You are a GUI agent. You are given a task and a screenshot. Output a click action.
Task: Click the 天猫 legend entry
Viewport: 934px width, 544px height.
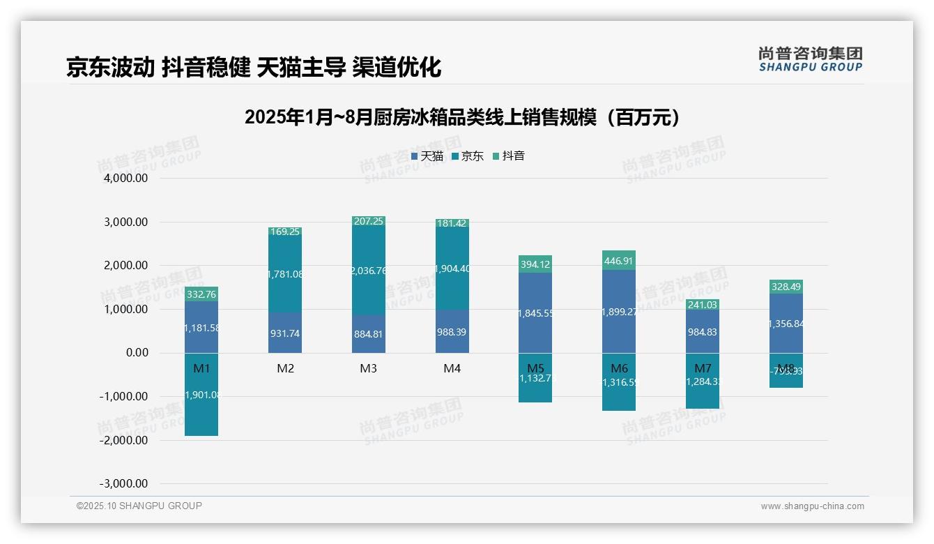coord(427,156)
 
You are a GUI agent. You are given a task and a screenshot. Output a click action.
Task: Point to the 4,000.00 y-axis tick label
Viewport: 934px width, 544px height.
coord(126,179)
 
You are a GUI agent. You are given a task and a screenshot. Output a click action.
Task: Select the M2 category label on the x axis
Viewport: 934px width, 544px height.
coord(285,368)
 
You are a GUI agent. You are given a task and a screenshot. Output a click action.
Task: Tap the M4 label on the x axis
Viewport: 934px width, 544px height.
coord(452,368)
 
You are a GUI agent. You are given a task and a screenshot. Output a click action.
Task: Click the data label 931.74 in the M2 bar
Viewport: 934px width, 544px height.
coord(285,333)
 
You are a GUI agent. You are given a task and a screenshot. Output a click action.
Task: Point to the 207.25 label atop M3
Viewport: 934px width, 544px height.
coord(369,221)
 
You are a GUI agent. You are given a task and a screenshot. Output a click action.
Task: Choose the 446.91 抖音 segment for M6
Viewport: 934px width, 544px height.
coord(619,261)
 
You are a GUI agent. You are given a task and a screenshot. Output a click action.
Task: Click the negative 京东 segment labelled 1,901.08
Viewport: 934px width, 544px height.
coord(201,395)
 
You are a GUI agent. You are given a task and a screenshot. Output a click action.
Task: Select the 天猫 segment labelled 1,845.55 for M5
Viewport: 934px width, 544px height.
coord(535,314)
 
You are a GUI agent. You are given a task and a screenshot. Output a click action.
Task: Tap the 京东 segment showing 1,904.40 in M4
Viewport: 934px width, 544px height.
coord(452,269)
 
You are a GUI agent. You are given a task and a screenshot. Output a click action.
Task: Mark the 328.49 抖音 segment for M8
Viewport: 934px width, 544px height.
coord(786,287)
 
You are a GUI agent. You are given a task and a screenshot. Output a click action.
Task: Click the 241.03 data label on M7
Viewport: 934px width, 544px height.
coord(703,305)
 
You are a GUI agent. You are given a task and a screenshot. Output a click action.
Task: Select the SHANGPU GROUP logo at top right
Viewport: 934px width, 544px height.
coord(810,59)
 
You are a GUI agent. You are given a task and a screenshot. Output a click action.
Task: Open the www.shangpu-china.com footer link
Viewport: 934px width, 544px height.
coord(812,506)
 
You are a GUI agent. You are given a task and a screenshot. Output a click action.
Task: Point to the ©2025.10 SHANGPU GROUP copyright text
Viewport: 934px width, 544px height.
coord(139,506)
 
